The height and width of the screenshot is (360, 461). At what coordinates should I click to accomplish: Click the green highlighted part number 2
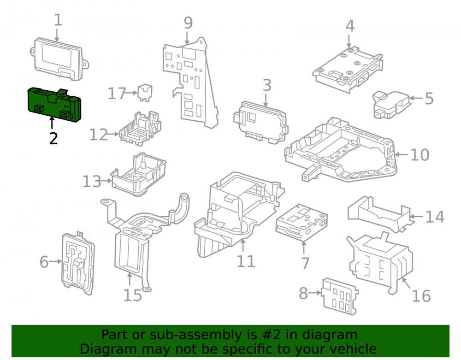pyautogui.click(x=54, y=104)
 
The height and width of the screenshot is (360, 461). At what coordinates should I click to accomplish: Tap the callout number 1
pyautogui.click(x=58, y=20)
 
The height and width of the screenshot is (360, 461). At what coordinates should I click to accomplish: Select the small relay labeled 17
pyautogui.click(x=145, y=93)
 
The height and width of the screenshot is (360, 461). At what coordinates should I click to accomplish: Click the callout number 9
pyautogui.click(x=188, y=23)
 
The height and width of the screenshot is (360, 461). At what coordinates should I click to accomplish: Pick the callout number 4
pyautogui.click(x=350, y=26)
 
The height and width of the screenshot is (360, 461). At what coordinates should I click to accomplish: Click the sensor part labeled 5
pyautogui.click(x=391, y=105)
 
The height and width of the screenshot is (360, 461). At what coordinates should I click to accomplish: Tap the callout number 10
pyautogui.click(x=420, y=155)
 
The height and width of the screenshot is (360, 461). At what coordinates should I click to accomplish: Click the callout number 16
pyautogui.click(x=421, y=296)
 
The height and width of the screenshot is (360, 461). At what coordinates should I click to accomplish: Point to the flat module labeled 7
pyautogui.click(x=301, y=223)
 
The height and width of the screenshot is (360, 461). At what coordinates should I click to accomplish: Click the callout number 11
pyautogui.click(x=246, y=261)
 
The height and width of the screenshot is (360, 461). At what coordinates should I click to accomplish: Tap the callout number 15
pyautogui.click(x=133, y=295)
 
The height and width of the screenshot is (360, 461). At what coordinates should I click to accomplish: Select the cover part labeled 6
pyautogui.click(x=78, y=263)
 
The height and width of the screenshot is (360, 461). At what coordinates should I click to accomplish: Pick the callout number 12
pyautogui.click(x=99, y=135)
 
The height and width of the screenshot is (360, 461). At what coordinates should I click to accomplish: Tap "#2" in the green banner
pyautogui.click(x=271, y=335)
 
